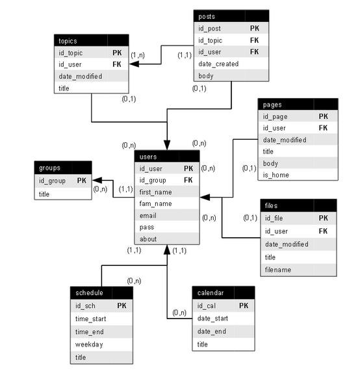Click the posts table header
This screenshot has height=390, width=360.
[x=231, y=16]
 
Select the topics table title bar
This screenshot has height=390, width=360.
[x=91, y=40]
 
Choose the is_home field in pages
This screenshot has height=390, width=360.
[x=276, y=175]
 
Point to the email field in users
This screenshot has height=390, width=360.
[x=148, y=216]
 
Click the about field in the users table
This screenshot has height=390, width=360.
[x=148, y=239]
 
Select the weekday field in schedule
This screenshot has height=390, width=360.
[x=88, y=345]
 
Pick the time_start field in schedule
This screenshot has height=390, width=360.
[x=90, y=319]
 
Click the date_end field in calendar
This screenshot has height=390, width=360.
[x=212, y=331]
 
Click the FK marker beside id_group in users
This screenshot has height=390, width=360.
[x=188, y=181]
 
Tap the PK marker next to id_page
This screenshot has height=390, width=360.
[x=323, y=116]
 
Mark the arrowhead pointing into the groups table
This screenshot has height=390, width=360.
[x=97, y=181]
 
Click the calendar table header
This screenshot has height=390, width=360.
[x=224, y=292]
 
